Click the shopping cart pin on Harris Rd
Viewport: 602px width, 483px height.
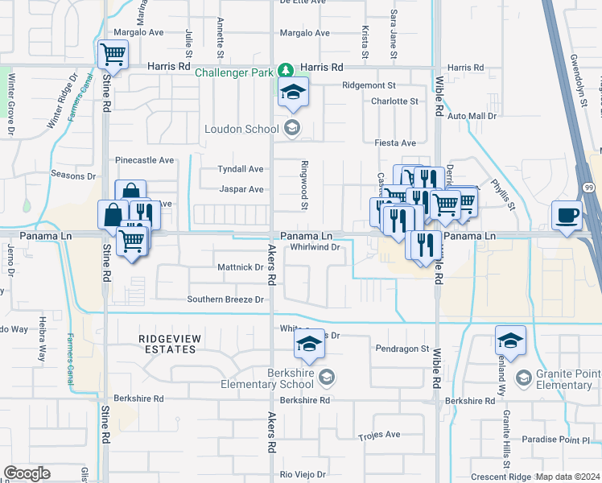coord(113,56)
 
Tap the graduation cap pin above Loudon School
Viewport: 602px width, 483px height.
coord(293,92)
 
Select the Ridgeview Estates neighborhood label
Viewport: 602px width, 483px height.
coord(167,345)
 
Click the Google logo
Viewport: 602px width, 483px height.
coord(27,473)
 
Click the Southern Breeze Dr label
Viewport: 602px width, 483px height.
coord(225,299)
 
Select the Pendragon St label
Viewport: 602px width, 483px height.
coord(402,349)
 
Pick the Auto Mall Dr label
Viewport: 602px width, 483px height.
coord(472,116)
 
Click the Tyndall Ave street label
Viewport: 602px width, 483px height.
coord(241,169)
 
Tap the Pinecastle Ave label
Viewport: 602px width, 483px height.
coord(145,160)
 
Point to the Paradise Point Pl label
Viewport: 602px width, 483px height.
coord(555,440)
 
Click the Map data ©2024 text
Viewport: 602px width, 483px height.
coord(567,477)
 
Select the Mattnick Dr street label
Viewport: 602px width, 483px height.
coord(241,266)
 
